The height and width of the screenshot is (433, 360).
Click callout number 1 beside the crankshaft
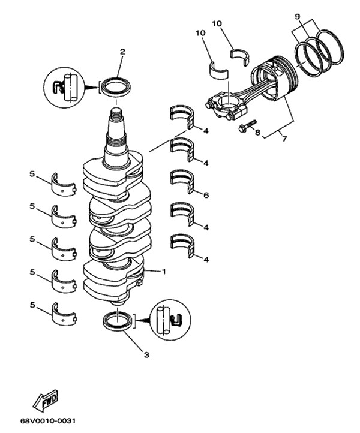click(163, 272)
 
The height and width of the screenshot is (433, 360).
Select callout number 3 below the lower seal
click(146, 354)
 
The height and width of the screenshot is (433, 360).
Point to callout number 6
click(206, 195)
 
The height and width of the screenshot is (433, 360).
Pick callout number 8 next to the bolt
click(257, 133)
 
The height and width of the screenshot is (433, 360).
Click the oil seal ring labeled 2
click(116, 86)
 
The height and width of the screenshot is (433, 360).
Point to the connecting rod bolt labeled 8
click(247, 126)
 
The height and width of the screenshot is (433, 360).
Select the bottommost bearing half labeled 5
click(64, 312)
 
